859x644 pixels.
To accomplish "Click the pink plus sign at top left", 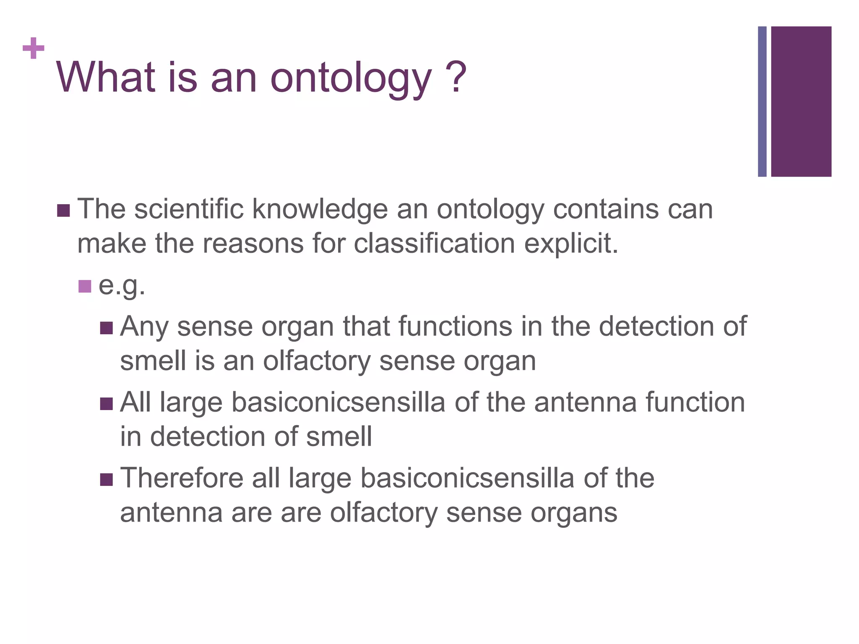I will (x=34, y=49).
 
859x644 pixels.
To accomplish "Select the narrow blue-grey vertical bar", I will (x=762, y=101).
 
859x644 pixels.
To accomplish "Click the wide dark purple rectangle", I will (x=801, y=101).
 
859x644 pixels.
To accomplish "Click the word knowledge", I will (x=320, y=210).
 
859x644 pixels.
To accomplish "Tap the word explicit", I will (x=571, y=244).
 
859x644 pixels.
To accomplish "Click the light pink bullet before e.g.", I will (x=84, y=286).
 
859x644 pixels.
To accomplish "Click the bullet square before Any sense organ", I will (x=107, y=328).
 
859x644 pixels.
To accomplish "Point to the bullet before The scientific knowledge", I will (x=63, y=210).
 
